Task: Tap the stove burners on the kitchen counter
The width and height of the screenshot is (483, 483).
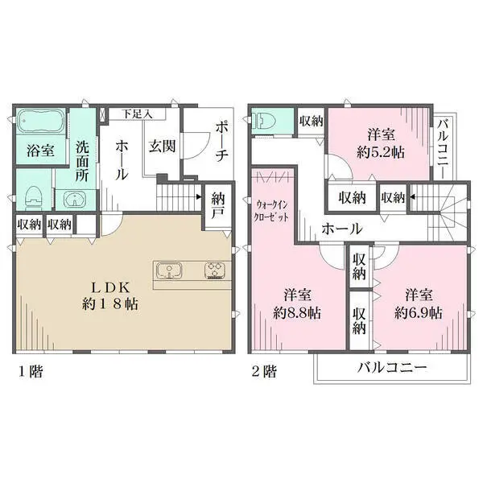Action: pos(217,270)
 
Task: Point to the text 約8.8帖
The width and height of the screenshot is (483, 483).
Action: pos(297,312)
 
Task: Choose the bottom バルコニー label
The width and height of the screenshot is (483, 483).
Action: pos(391,368)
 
